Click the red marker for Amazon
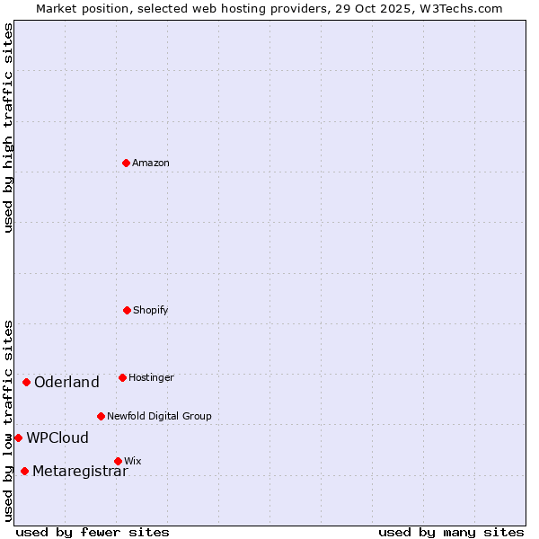pos(126,163)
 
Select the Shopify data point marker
pos(127,310)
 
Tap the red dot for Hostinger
pos(122,377)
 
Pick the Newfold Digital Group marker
pos(101,416)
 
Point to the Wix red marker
pos(118,461)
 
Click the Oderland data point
pos(26,382)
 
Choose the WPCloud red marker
pos(18,437)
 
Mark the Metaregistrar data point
pos(24,471)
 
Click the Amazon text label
pos(151,163)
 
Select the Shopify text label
pos(151,310)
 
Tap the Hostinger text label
pos(151,377)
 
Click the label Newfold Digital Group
pos(159,416)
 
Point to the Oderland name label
pos(66,382)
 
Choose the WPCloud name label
pos(57,437)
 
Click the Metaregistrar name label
pos(80,471)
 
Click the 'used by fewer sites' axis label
pos(93,532)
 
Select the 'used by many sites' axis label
pos(451,532)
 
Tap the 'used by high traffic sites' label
pos(8,128)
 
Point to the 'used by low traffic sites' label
pos(8,420)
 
